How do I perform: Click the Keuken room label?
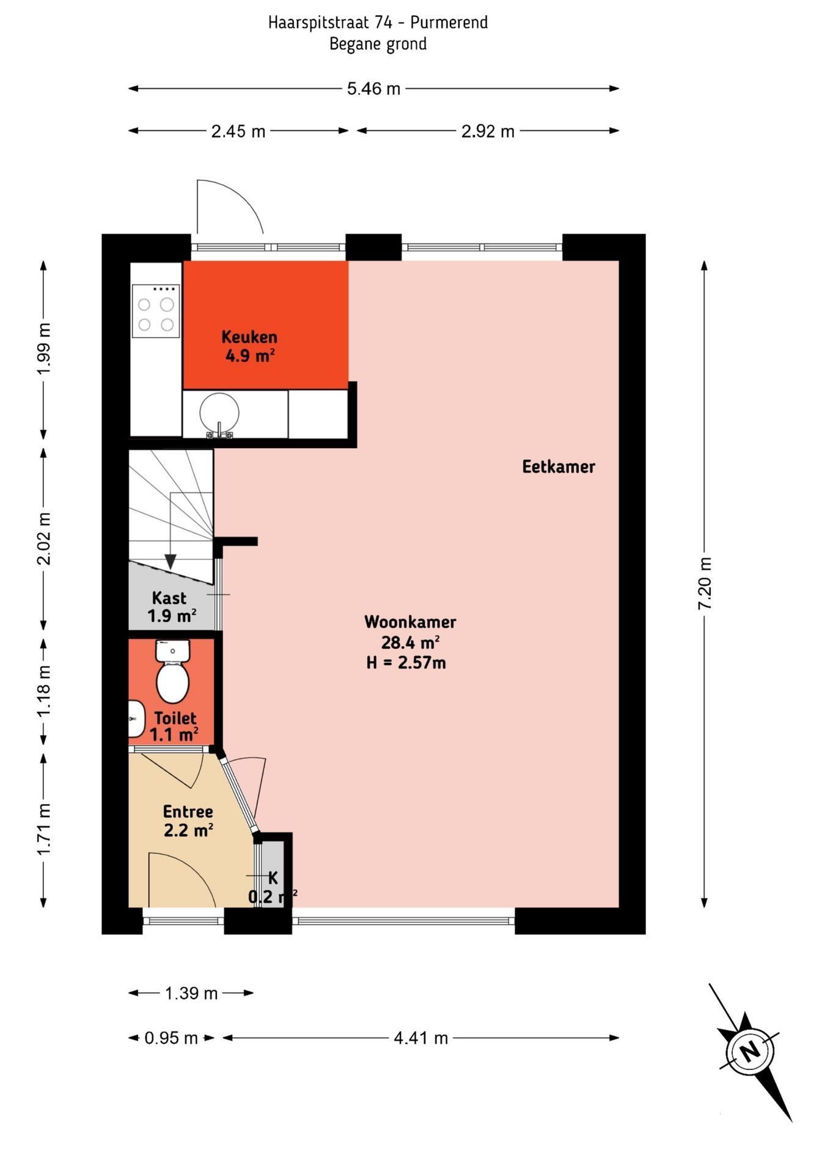(x=249, y=346)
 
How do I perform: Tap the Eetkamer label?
(x=558, y=467)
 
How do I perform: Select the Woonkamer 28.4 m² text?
(x=409, y=632)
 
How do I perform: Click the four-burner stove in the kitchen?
(x=156, y=311)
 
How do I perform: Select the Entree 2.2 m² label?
(x=188, y=821)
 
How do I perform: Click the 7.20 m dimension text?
(x=704, y=583)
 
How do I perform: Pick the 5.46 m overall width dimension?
(x=373, y=89)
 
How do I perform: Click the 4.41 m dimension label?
(x=421, y=1038)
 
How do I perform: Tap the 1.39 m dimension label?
(x=191, y=994)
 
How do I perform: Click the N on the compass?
(x=749, y=1052)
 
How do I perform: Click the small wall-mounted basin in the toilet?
(x=135, y=719)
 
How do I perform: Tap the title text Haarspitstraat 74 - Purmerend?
(x=378, y=23)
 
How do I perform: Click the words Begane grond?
(x=378, y=44)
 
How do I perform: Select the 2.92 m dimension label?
(x=487, y=131)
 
